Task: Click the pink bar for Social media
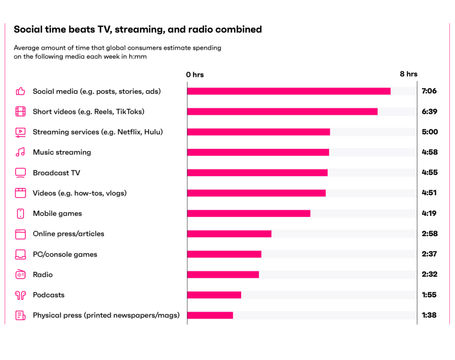pos(289,91)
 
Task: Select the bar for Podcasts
pos(214,295)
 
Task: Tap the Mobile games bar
pos(249,213)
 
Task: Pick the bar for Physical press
pos(210,316)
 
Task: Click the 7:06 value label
pos(429,91)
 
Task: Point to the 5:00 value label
pos(429,132)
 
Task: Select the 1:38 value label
pos(429,316)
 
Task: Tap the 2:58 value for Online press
pos(429,234)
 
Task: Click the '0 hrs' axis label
pos(195,75)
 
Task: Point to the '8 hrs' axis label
pos(408,74)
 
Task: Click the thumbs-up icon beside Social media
pos(20,92)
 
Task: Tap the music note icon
pos(20,152)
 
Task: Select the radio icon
pos(20,275)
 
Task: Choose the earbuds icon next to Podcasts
pos(20,295)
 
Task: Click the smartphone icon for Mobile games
pos(20,214)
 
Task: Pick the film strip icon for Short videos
pos(20,112)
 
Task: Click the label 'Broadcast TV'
pos(56,173)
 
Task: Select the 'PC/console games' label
pos(65,254)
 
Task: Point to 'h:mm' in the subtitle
pos(137,57)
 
